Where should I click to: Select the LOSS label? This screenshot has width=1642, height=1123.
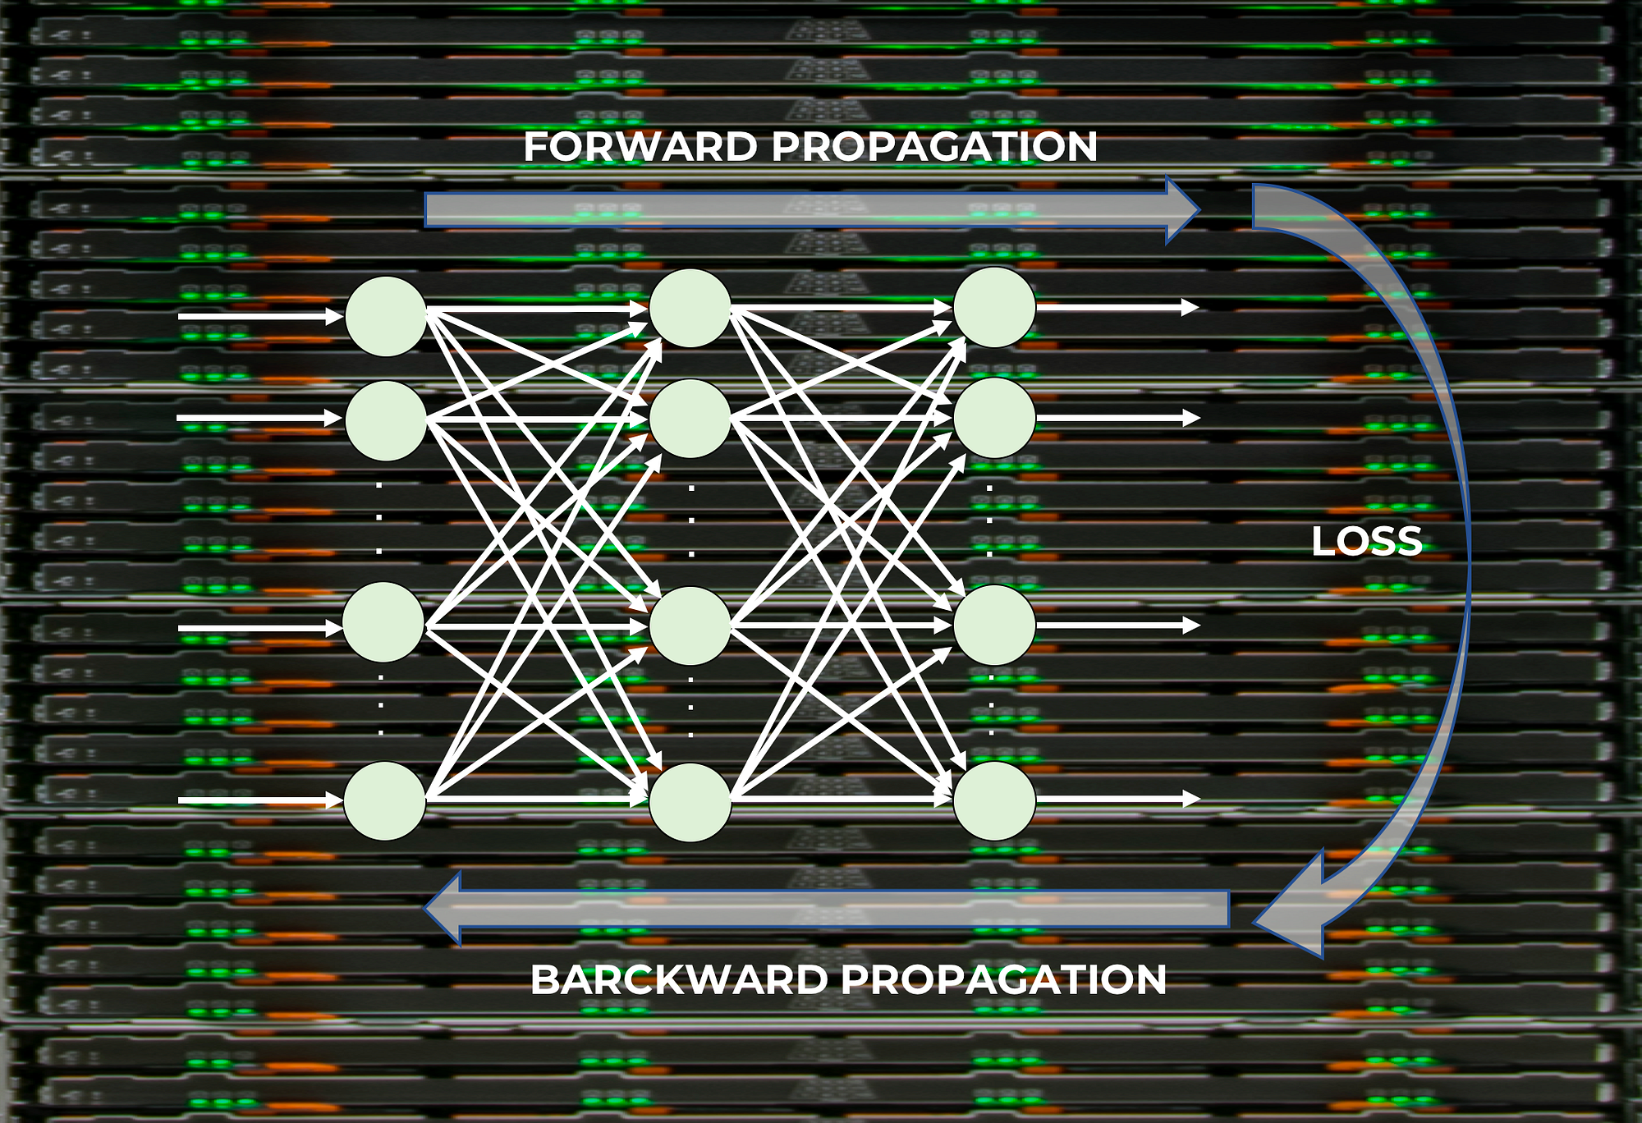[1366, 542]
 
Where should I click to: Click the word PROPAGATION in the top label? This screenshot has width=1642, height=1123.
[934, 148]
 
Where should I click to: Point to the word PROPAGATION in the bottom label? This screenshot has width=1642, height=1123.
[1003, 980]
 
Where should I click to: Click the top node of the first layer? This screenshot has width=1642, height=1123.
[385, 316]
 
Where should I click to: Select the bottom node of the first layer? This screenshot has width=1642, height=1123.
[384, 800]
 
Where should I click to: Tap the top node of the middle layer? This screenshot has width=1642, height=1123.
[690, 308]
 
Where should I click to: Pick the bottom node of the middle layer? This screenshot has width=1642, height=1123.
[690, 802]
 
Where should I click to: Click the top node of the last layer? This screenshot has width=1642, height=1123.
[993, 307]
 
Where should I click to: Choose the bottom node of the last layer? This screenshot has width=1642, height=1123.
[993, 800]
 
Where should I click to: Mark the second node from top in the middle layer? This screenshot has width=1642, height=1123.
[690, 418]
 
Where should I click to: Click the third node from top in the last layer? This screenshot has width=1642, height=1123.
[993, 625]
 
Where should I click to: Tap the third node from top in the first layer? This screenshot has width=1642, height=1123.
[383, 622]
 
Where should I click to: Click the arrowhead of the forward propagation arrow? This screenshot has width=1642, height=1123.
[1182, 209]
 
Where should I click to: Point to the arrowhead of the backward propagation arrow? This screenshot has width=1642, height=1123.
[443, 908]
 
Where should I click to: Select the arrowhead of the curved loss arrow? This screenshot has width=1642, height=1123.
[1293, 915]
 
